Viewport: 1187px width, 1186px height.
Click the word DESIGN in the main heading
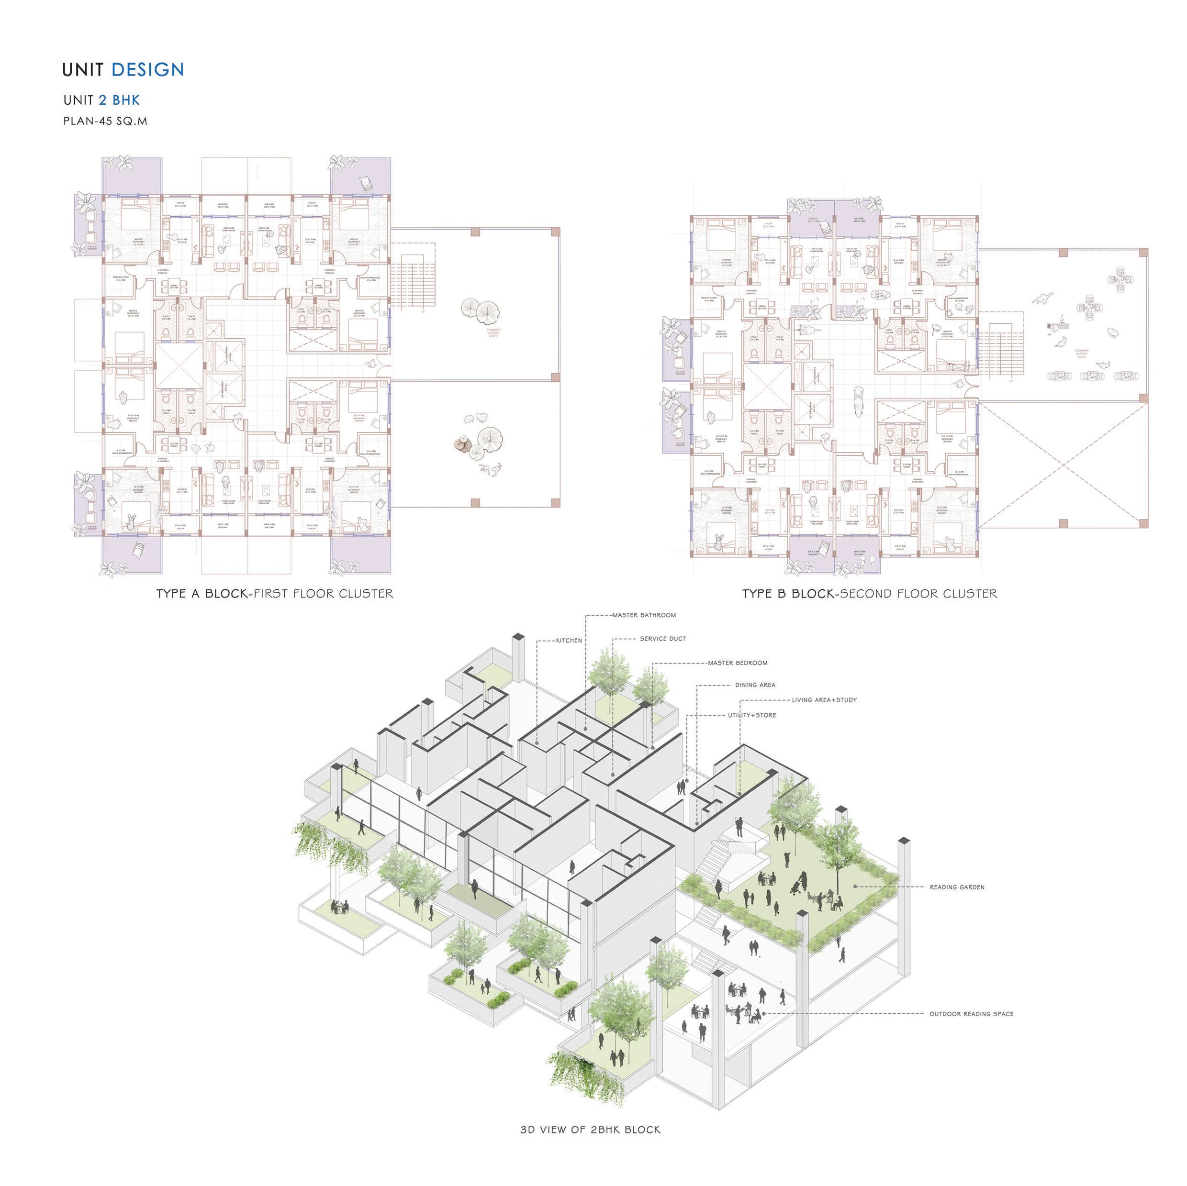click(147, 69)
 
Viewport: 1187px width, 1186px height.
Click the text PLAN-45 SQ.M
click(105, 121)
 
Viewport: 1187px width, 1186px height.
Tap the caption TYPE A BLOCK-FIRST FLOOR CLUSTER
click(274, 594)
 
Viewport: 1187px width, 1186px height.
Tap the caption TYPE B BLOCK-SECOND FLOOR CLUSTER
click(869, 594)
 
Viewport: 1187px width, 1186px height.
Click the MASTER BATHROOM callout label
click(644, 615)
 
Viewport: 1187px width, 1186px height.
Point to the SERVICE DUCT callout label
click(663, 639)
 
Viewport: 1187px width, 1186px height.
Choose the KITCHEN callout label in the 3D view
click(569, 641)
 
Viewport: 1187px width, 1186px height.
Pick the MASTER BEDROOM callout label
click(737, 663)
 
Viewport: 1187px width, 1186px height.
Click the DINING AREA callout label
click(755, 685)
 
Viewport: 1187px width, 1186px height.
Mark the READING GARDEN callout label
click(957, 887)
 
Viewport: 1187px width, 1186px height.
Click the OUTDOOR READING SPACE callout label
click(971, 1014)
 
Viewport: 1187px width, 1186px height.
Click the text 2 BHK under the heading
click(119, 100)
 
